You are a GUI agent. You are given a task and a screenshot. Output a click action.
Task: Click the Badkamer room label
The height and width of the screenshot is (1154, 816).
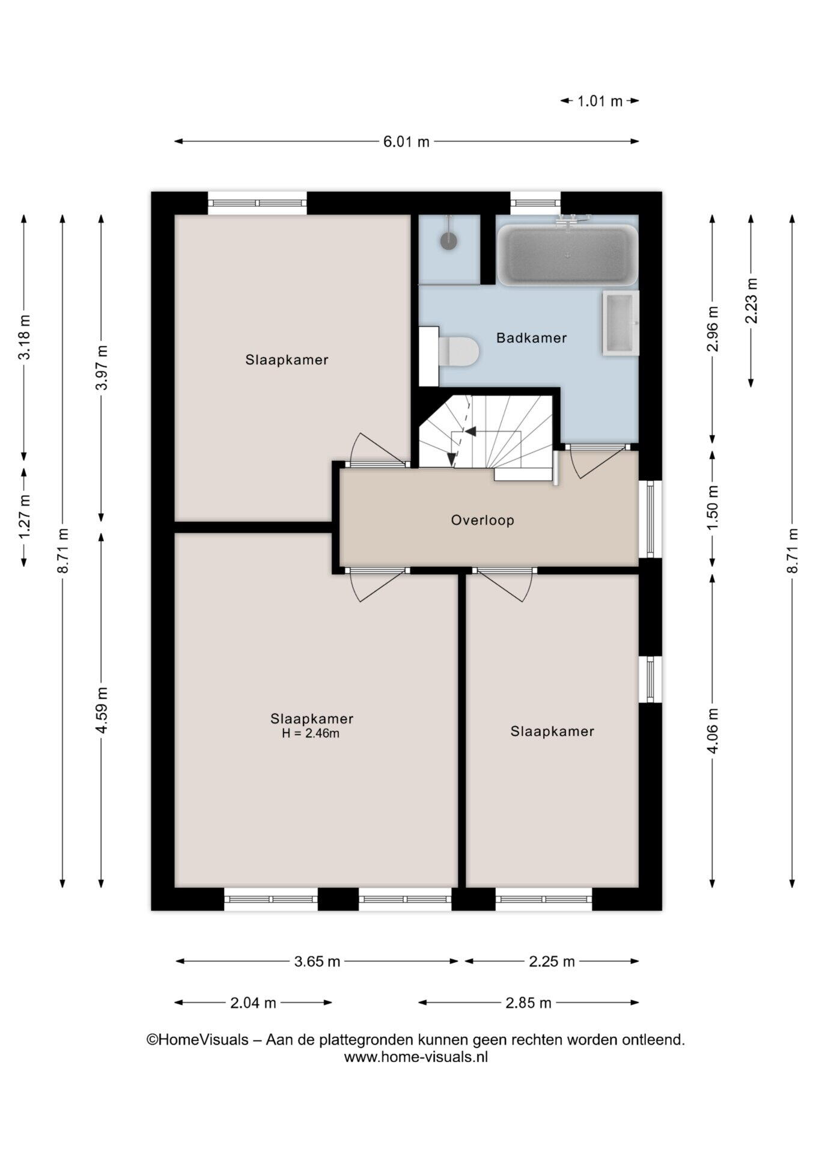pos(531,338)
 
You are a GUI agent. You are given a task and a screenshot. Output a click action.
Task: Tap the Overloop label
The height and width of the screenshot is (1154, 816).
pos(483,520)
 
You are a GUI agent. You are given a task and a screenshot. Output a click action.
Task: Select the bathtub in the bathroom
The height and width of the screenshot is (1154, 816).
pos(567,255)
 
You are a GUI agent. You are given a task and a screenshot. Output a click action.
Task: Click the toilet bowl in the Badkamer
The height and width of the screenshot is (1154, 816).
pos(458,352)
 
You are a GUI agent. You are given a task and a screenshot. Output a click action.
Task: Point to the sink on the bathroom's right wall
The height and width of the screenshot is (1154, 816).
pos(620,323)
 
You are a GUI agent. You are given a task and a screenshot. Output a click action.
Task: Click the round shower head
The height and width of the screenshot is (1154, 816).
pos(449,241)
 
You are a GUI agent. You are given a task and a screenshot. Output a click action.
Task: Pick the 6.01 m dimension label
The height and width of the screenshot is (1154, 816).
pos(406,142)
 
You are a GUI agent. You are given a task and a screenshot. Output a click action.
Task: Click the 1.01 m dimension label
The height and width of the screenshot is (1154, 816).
pos(600,101)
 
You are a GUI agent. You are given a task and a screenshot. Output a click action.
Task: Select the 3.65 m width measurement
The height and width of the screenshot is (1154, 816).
pos(317,961)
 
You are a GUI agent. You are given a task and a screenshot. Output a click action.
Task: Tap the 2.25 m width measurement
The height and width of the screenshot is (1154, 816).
pos(552,961)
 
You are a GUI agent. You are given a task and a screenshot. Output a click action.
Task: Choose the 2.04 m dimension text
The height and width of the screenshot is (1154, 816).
pos(253,1003)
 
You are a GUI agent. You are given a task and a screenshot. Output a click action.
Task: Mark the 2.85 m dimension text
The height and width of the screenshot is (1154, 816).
pos(528,1003)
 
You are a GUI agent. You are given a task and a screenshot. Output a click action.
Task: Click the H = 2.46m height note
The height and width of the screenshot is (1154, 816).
pos(311,733)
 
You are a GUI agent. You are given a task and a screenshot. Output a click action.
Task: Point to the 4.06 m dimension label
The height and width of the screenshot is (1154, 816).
pos(713,731)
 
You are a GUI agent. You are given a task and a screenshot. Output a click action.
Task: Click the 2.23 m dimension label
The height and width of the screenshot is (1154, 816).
pos(751,301)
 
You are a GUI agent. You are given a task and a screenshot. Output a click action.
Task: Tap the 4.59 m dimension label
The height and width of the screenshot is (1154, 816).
pos(102,710)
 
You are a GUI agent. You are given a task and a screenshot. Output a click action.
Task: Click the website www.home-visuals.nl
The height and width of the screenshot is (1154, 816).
pos(416,1057)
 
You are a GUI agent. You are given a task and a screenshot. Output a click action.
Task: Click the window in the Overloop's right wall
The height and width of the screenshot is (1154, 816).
pos(650,519)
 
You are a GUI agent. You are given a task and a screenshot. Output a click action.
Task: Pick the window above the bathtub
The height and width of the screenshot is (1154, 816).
pos(535,203)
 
